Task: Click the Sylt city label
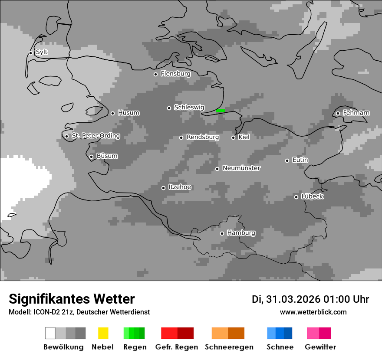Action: (42, 52)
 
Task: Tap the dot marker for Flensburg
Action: (155, 74)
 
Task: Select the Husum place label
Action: (128, 113)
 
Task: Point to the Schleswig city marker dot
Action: (169, 108)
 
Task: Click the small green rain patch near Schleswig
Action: (220, 111)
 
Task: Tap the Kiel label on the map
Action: (244, 137)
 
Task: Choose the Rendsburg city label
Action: (203, 137)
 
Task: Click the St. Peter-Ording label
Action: (95, 136)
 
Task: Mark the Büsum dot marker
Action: (91, 157)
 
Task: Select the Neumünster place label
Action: (241, 168)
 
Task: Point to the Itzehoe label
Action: (180, 187)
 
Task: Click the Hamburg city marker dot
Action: (222, 233)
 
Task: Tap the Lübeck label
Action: (312, 196)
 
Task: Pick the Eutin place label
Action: (300, 160)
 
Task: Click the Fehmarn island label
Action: (356, 113)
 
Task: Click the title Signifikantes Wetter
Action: (72, 299)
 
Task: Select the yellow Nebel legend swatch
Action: (103, 333)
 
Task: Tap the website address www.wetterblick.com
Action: (313, 312)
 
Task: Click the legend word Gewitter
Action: (320, 347)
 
